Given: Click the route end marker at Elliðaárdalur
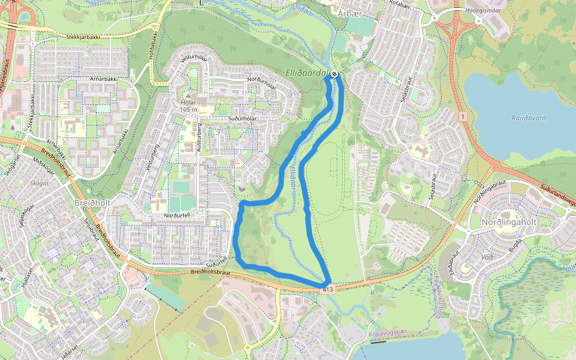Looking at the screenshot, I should [334, 74].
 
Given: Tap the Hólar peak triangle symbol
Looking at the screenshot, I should [188, 96].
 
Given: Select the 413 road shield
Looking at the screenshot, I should [326, 290].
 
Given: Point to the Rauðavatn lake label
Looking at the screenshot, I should [529, 118].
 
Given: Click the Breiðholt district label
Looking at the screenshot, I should [93, 203].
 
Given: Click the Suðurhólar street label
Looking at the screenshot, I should [227, 119].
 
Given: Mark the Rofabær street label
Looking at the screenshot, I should [399, 5].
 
